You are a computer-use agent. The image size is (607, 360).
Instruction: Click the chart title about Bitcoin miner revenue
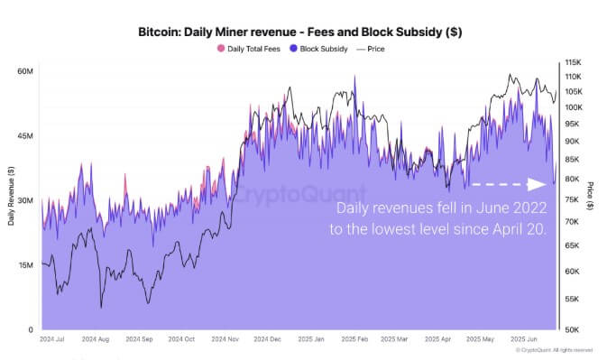[303, 32]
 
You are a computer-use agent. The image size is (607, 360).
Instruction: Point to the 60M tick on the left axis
[25, 71]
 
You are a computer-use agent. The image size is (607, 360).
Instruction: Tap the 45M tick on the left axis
[25, 136]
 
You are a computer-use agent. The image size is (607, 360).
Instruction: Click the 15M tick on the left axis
[25, 265]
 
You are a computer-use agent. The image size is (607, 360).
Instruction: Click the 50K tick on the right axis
[573, 330]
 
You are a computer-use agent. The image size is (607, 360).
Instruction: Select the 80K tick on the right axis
[573, 180]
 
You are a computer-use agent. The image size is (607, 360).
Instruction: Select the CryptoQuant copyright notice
[555, 350]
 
